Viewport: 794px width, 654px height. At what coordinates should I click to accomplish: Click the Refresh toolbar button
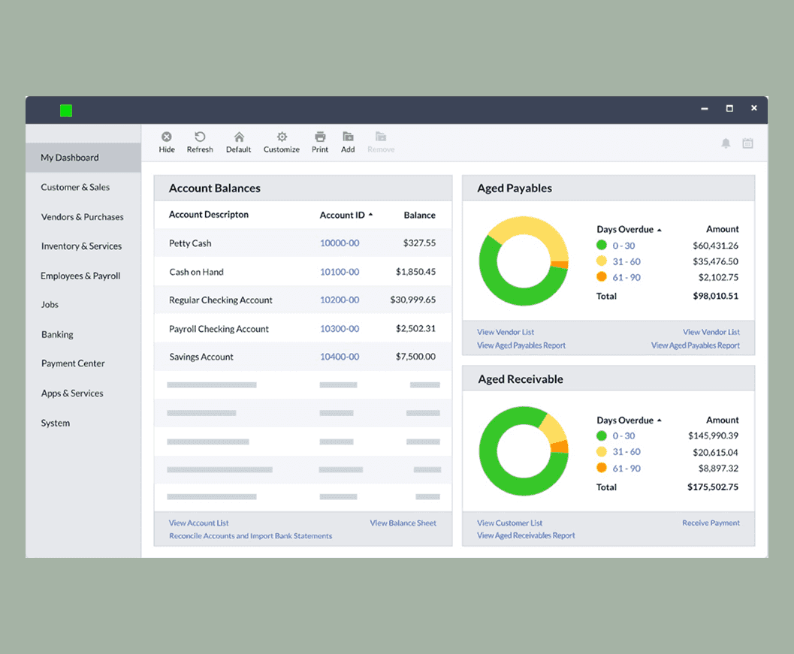pos(200,142)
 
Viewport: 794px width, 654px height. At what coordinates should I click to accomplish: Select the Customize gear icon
pos(282,137)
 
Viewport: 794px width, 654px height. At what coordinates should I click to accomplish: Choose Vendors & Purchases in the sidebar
pos(82,217)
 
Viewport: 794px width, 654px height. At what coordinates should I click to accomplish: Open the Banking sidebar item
pos(57,334)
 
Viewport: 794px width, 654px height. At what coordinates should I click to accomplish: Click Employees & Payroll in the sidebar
pos(80,276)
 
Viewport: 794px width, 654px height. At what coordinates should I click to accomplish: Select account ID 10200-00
pos(340,300)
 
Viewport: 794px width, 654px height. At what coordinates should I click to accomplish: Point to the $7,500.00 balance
pos(415,357)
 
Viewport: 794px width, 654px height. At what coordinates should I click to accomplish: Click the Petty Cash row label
pos(190,243)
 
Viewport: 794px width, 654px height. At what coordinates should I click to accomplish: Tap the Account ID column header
pos(343,215)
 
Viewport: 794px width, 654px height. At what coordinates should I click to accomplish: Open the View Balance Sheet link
pos(403,523)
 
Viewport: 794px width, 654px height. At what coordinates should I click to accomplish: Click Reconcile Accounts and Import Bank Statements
pos(250,536)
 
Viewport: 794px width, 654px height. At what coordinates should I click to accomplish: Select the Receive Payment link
pos(711,523)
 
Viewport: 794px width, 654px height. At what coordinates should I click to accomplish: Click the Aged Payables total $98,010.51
pos(715,296)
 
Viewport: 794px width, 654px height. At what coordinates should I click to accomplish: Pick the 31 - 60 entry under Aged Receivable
pos(626,452)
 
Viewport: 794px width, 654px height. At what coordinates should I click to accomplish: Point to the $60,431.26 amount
pos(715,246)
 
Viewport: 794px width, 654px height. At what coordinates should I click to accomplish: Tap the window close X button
pos(753,108)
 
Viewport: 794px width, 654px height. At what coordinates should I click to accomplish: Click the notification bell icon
pos(726,143)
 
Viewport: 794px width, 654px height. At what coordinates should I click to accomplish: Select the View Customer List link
pos(509,523)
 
